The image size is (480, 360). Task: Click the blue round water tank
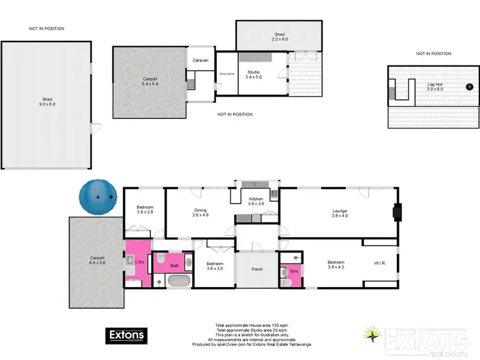coord(98,198)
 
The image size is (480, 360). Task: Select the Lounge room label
coord(339,213)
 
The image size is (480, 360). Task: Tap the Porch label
coord(257,269)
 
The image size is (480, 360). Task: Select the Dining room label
coord(201,212)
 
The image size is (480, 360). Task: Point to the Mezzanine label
coord(227,74)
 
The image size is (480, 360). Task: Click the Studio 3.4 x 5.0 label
coord(255,75)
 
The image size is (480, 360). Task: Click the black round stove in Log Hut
coord(469,86)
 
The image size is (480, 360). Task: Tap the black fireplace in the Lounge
coord(397,212)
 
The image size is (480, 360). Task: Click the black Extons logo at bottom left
coord(126,336)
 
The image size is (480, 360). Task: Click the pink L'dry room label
coord(138,262)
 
